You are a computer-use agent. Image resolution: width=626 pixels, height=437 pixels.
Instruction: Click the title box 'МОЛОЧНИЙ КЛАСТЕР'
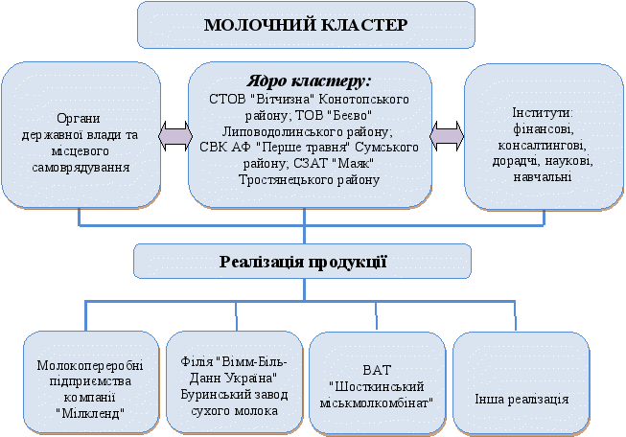coord(305,25)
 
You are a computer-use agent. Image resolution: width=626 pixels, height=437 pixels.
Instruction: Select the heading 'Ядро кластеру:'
coord(305,81)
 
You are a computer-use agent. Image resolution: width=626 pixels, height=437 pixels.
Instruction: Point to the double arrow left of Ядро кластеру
coord(173,135)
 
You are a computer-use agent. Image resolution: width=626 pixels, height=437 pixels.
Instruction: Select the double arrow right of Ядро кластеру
coord(446,135)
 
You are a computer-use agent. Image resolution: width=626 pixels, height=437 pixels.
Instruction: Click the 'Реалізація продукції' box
coord(302,261)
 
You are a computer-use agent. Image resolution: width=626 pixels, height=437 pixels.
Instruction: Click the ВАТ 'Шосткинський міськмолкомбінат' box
coord(378,381)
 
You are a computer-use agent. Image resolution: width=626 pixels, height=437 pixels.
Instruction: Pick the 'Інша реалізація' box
coord(521,381)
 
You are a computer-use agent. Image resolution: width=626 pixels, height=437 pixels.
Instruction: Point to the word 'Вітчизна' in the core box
coord(280,99)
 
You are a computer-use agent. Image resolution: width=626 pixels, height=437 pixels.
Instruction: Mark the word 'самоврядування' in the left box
coord(79,168)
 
